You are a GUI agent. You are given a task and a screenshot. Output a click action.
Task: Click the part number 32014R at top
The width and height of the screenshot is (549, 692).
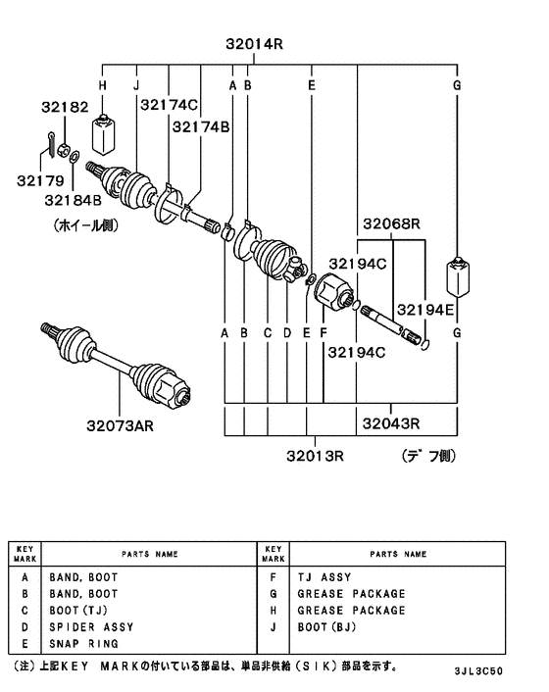253,43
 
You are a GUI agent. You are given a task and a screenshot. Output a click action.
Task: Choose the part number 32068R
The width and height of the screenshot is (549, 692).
392,224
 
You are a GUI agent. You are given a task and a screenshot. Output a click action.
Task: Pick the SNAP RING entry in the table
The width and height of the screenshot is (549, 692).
83,643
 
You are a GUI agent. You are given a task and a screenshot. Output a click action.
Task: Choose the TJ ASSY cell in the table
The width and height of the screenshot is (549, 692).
324,577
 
